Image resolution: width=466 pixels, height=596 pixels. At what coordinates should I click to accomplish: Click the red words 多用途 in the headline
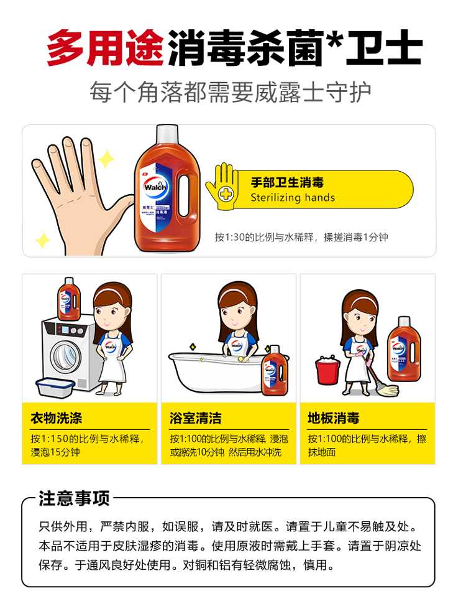pos(105,48)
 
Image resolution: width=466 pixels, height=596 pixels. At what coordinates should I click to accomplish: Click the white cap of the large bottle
pos(167,133)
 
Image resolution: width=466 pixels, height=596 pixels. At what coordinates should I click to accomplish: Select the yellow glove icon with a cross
pos(222,186)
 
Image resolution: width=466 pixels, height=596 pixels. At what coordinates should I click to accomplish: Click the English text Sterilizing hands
pos(293,198)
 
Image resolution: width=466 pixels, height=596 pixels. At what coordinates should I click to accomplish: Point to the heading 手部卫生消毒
pos(287,182)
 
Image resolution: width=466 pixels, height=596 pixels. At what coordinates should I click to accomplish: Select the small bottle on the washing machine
pos(69,299)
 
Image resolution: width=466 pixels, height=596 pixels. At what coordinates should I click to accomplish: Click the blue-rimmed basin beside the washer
pos(55,388)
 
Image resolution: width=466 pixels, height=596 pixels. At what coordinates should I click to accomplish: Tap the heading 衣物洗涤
pos(56,418)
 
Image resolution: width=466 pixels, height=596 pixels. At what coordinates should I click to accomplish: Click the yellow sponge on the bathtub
pos(241,359)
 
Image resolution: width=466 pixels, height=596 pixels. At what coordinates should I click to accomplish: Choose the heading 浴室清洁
pos(196,418)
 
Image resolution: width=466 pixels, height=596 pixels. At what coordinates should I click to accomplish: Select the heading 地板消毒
pos(334,418)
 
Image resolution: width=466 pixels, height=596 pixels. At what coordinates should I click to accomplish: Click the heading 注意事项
pos(74,498)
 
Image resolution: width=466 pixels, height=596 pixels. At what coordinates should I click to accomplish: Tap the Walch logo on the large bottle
pos(155,187)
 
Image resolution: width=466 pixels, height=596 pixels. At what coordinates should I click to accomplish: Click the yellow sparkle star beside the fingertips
pos(106,159)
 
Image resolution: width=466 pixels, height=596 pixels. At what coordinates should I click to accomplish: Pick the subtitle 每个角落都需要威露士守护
pos(231,92)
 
